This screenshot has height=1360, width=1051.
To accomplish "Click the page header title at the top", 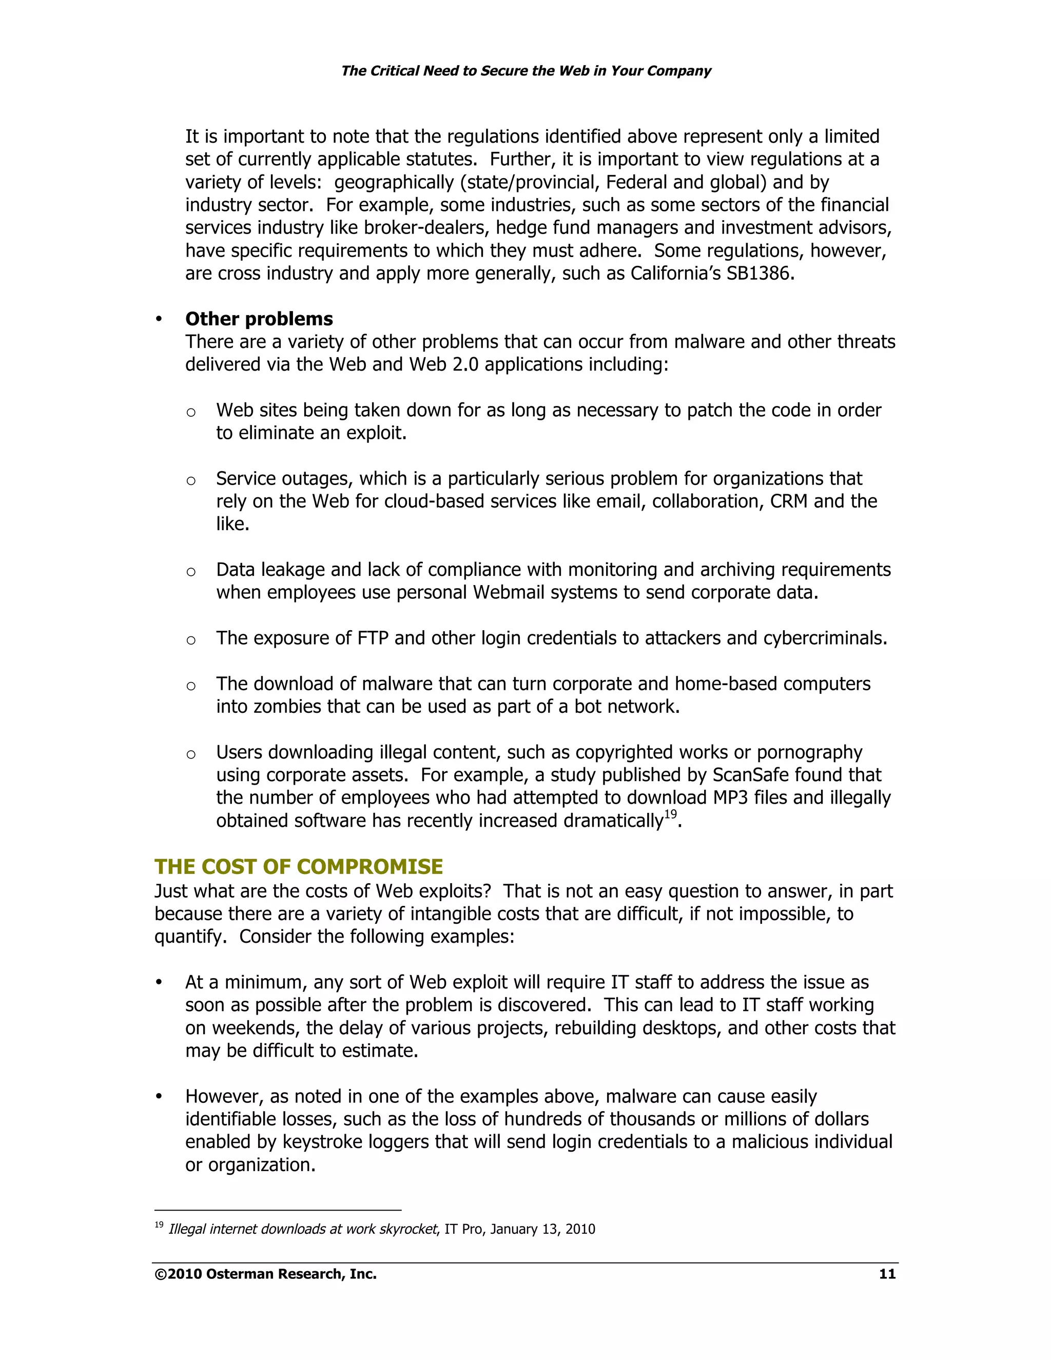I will [525, 71].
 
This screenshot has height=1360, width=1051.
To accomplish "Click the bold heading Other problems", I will [259, 319].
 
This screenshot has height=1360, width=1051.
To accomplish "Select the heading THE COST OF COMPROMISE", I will [298, 866].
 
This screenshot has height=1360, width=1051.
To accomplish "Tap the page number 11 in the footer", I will [887, 1274].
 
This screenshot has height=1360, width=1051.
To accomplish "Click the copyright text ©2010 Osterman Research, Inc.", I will [266, 1274].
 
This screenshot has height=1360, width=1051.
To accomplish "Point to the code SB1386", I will [760, 274].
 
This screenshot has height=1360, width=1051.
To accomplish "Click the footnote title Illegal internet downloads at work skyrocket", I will [303, 1229].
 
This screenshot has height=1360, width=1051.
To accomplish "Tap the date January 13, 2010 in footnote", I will [542, 1229].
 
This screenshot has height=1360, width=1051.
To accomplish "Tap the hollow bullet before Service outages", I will [191, 481].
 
